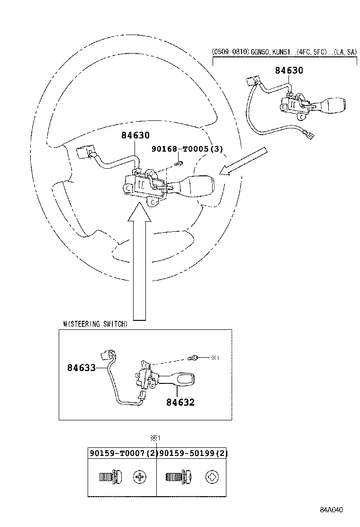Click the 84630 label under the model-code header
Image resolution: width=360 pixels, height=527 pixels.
289,71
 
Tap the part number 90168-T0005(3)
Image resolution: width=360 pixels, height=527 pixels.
187,149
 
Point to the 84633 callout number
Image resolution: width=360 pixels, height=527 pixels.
81,367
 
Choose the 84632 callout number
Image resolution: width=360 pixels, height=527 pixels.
180,402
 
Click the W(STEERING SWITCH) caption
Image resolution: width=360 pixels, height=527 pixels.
95,324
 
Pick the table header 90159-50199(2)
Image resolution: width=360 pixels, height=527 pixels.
193,454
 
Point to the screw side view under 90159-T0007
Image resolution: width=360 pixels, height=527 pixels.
108,476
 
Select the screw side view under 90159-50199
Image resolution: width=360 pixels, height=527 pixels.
176,476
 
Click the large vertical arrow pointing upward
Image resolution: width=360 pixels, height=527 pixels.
140,265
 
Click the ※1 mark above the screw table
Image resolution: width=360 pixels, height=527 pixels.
157,438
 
